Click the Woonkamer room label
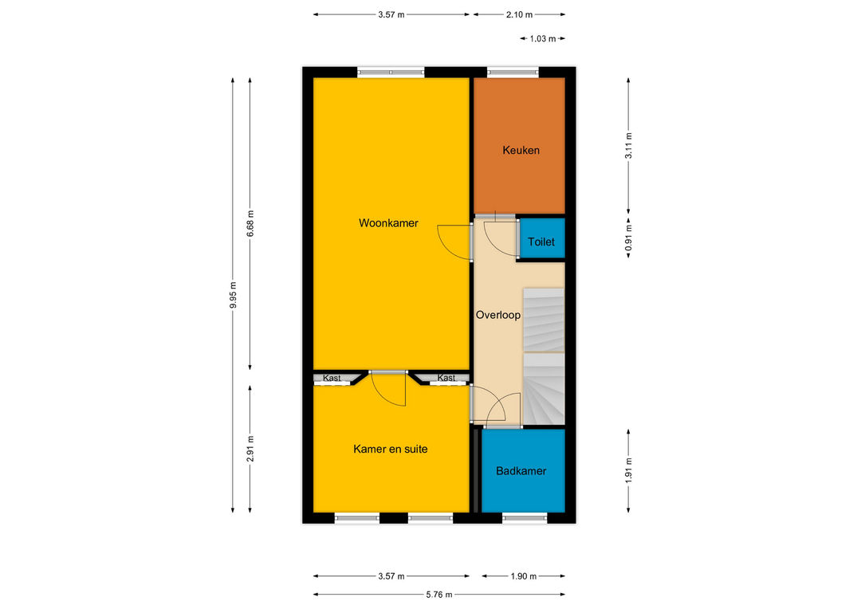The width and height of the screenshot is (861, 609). coord(388,223)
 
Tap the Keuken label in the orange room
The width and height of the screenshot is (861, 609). coord(521,150)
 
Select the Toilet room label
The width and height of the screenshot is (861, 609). coord(541,242)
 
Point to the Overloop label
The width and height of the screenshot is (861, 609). coord(498,315)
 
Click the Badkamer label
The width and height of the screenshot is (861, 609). coord(521,470)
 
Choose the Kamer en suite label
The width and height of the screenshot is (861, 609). coord(391,450)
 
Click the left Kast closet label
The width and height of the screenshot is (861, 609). coord(332,378)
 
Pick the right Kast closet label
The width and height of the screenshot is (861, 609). coord(446,378)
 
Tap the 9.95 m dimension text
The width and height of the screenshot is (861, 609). coord(233,295)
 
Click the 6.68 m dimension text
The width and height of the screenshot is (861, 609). coord(250,223)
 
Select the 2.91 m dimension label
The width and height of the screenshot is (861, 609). coord(250,449)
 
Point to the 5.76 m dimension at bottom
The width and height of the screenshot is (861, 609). coord(439,594)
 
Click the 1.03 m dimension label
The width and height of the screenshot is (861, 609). coord(543,38)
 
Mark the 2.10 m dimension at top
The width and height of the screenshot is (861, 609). coord(519,15)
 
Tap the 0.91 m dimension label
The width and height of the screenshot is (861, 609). coord(629,238)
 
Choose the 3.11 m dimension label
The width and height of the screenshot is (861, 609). coord(629,146)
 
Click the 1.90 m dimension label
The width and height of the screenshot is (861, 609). coord(523,576)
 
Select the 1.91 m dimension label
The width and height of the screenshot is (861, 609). coord(629,471)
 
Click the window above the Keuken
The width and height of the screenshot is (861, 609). coord(513,72)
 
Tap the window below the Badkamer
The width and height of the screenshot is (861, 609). coord(525,518)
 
